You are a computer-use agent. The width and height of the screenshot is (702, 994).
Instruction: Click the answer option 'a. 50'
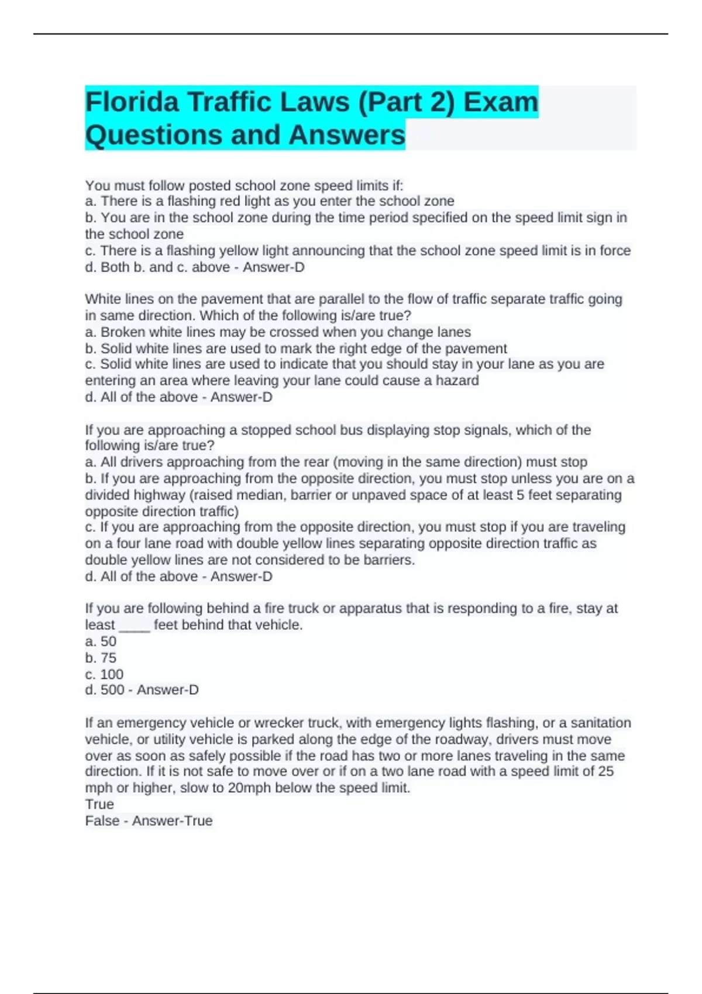tap(101, 641)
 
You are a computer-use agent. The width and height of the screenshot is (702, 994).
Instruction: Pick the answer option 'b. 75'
tap(101, 657)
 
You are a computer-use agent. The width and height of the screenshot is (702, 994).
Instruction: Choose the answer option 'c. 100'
tap(104, 674)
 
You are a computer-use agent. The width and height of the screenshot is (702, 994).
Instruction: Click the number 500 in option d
tap(112, 690)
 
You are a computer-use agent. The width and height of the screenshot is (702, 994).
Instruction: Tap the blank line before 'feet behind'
tap(135, 626)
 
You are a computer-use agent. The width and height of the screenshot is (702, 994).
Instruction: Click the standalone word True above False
tap(99, 804)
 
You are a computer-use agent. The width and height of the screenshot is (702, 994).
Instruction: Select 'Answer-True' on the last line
tap(172, 820)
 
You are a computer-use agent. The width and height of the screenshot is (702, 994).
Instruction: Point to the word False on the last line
tap(102, 820)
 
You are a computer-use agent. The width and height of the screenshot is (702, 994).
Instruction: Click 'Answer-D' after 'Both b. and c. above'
tap(273, 267)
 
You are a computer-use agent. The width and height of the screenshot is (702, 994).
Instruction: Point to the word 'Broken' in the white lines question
tap(123, 332)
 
